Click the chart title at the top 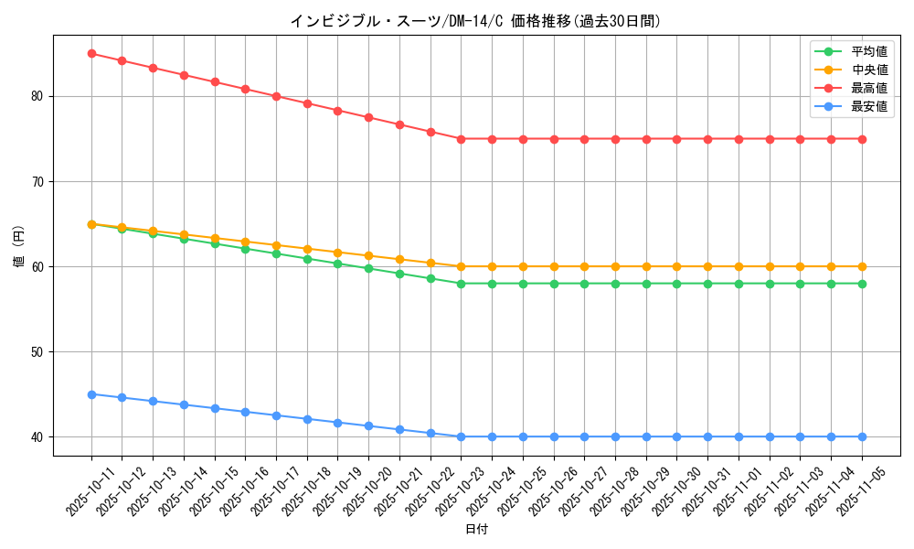click(x=475, y=21)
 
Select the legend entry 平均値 click(x=869, y=52)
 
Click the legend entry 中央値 click(x=869, y=70)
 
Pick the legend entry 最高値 click(x=869, y=89)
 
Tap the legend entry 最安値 click(x=869, y=107)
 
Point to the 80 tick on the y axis click(x=38, y=96)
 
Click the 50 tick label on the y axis click(x=38, y=352)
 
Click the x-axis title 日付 click(x=476, y=530)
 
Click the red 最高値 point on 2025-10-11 click(x=91, y=54)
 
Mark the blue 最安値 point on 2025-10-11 click(x=91, y=394)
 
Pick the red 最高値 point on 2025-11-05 click(x=862, y=139)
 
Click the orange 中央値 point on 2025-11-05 click(x=862, y=266)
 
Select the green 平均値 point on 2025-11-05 click(x=862, y=284)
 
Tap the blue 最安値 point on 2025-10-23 click(x=462, y=436)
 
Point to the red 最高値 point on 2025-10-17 click(x=276, y=96)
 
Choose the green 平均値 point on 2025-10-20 click(x=368, y=268)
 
